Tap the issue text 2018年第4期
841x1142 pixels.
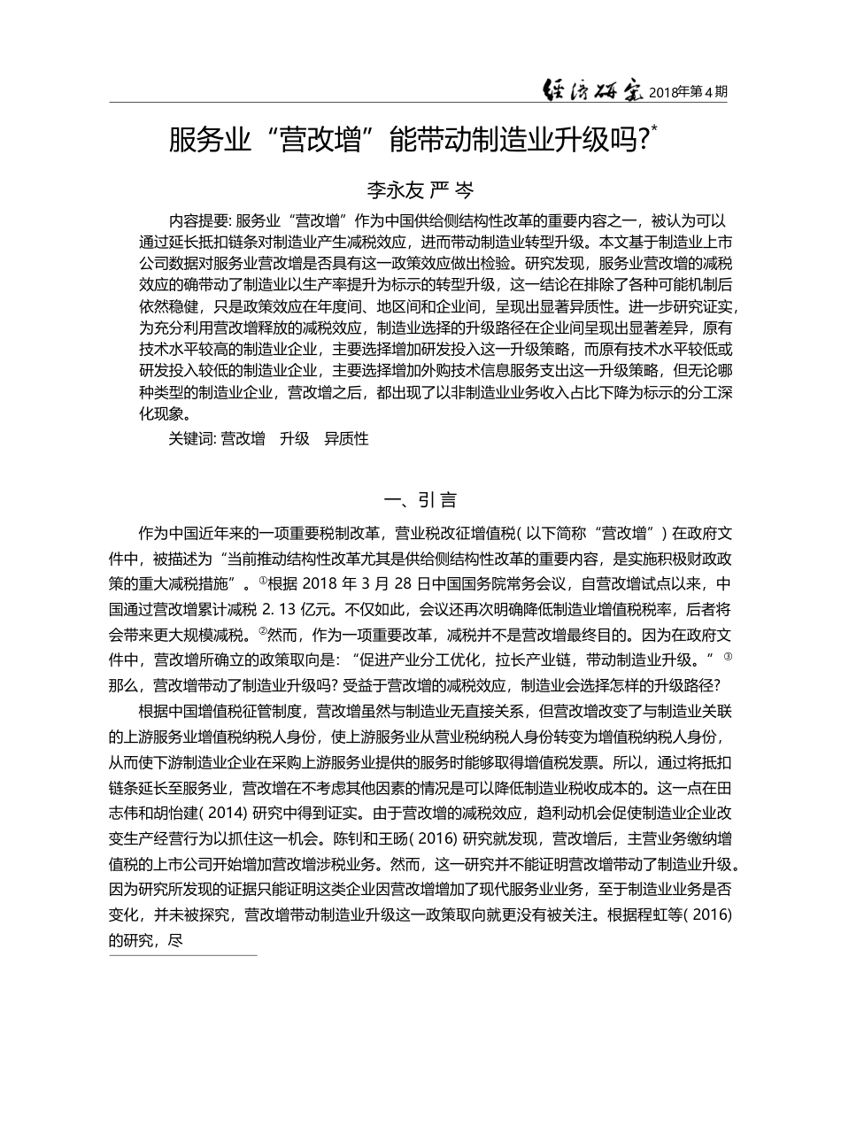[689, 91]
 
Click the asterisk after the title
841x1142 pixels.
[655, 129]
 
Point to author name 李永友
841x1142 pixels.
[395, 189]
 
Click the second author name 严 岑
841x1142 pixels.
[451, 189]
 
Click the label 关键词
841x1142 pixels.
[192, 438]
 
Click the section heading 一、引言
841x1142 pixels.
[420, 500]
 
